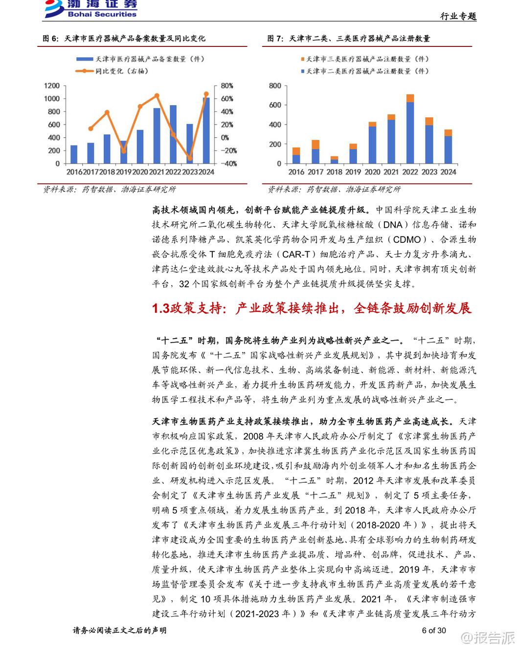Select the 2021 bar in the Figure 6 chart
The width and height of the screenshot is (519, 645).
(157, 135)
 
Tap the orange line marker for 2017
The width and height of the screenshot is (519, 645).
(90, 129)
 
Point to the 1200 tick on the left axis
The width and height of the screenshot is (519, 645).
(52, 86)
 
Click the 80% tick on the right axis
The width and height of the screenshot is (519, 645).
(227, 86)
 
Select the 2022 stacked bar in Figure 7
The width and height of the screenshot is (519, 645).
(410, 129)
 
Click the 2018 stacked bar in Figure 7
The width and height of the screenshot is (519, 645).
(335, 160)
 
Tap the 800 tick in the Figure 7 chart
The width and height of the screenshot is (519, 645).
(275, 86)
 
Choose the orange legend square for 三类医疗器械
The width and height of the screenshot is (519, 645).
(303, 59)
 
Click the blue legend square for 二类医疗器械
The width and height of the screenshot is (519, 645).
(303, 71)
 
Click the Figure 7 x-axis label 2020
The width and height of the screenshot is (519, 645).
(372, 172)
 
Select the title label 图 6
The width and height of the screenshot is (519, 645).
(50, 39)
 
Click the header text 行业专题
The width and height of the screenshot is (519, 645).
(458, 16)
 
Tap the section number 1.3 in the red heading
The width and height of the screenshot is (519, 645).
(160, 308)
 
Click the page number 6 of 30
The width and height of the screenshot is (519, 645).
(434, 630)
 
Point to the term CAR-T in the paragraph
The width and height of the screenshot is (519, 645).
(296, 254)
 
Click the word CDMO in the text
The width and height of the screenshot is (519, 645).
(407, 239)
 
